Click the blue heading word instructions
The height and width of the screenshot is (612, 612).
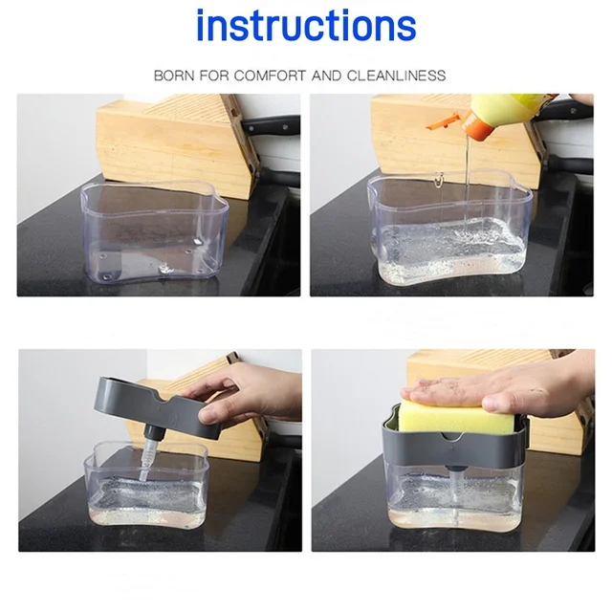pos(306,26)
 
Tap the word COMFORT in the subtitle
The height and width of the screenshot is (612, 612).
pos(270,76)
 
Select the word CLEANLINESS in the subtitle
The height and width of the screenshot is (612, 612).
pos(396,76)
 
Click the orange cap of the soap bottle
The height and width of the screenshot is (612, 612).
pos(476,125)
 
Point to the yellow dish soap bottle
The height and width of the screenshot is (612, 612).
pos(508,113)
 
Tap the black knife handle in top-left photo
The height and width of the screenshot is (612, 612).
pos(271,125)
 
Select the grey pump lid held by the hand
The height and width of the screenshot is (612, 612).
pos(156,405)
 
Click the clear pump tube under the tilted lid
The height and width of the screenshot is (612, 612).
pos(146,461)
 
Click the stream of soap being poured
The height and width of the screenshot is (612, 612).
pos(468,184)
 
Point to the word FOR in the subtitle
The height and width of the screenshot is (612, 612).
pos(214,76)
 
